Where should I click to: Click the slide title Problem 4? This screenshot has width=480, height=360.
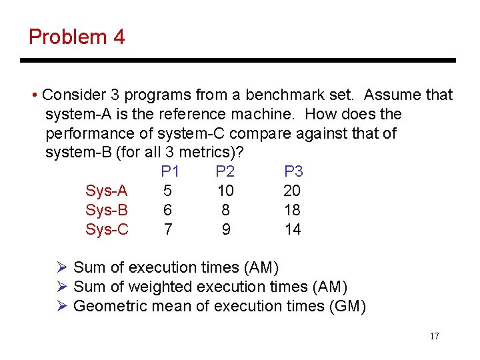[77, 37]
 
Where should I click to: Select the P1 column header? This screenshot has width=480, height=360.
[171, 172]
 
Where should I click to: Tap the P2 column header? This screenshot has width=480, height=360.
[225, 172]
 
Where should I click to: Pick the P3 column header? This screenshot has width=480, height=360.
[293, 172]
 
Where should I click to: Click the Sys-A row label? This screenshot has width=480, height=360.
[107, 191]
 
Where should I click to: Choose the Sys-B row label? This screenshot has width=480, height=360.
[107, 211]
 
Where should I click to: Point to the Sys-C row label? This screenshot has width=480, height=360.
[107, 230]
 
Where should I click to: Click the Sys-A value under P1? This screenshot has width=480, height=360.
[168, 191]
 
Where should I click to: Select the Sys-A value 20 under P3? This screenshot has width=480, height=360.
[292, 191]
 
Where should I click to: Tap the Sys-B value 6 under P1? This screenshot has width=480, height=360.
[168, 211]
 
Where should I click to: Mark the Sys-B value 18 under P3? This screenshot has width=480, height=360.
[292, 211]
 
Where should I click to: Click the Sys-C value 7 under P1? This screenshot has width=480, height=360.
[168, 230]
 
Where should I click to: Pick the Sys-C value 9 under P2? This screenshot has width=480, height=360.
[226, 230]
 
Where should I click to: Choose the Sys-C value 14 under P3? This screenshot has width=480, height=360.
[292, 230]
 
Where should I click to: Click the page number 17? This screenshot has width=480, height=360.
[434, 336]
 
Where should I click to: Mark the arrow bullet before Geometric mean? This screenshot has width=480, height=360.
[62, 306]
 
